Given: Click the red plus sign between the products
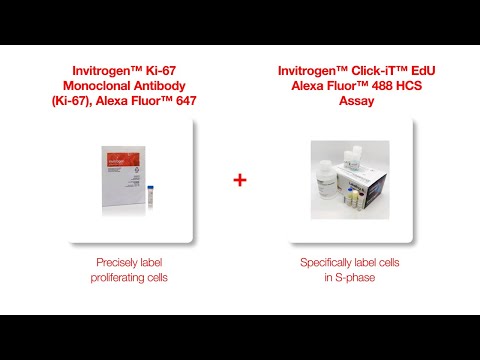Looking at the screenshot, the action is [240, 180].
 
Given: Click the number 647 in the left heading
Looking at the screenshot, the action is [186, 101].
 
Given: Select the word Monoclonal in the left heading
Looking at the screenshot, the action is [93, 86].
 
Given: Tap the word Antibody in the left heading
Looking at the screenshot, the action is [156, 86].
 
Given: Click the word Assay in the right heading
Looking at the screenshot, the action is [356, 101].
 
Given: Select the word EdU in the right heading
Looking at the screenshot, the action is [423, 71].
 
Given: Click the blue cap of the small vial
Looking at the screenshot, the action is [150, 188].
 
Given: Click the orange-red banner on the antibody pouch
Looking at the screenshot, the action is [123, 160].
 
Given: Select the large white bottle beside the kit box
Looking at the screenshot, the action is [324, 180].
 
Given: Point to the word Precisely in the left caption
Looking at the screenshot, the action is [116, 263].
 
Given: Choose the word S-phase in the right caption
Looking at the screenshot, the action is [355, 278].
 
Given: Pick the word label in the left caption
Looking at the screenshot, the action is [151, 263].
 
